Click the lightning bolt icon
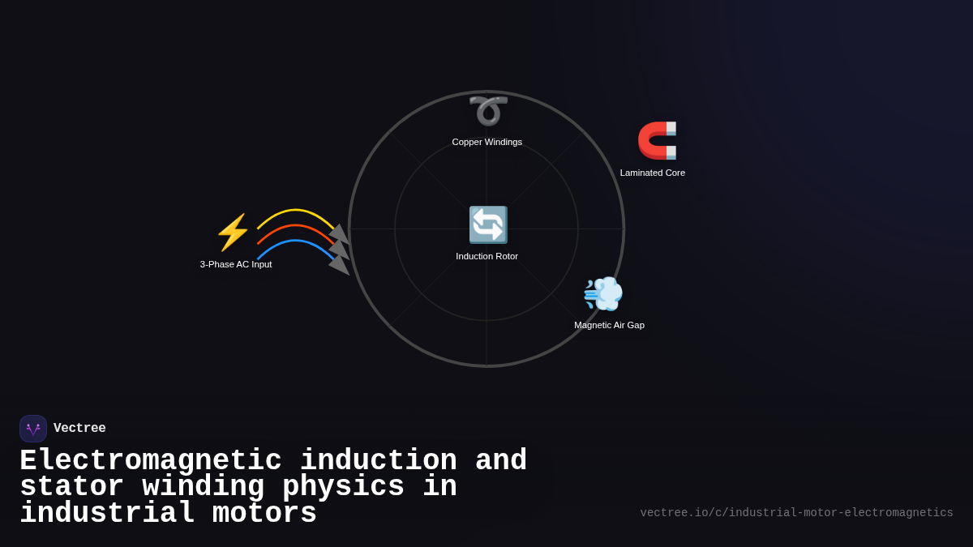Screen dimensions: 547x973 pos(233,233)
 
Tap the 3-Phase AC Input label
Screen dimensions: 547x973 pos(236,264)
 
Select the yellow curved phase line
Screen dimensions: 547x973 pos(296,210)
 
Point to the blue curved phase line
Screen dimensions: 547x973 pos(296,241)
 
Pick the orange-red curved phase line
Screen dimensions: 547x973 pos(296,225)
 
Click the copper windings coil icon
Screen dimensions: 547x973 pos(487,111)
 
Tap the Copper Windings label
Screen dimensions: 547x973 pos(487,142)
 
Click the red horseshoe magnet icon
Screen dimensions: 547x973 pos(657,140)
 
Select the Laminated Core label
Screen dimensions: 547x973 pos(653,173)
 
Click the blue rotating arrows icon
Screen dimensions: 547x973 pos(487,224)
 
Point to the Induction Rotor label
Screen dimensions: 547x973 pos(486,256)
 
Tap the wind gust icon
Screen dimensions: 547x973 pos(603,293)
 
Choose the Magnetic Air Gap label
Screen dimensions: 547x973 pos(609,325)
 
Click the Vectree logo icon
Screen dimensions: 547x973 pos(33,429)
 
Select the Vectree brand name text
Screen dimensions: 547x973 pos(79,429)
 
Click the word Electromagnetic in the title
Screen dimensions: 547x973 pos(150,461)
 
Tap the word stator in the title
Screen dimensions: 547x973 pos(71,487)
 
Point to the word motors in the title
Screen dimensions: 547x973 pos(264,514)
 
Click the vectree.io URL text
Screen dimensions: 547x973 pos(796,513)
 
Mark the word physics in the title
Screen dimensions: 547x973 pos(343,487)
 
